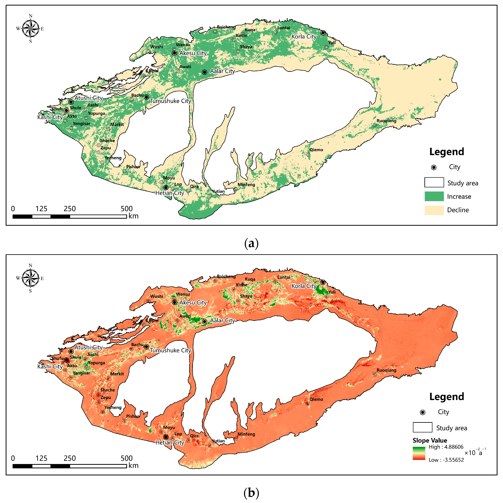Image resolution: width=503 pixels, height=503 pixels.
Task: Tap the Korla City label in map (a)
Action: click(304, 37)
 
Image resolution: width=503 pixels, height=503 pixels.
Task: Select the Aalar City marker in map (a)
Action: click(205, 72)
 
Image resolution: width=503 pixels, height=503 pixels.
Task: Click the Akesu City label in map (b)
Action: click(193, 303)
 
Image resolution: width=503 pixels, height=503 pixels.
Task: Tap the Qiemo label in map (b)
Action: click(316, 399)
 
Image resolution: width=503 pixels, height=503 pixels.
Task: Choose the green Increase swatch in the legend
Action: click(434, 196)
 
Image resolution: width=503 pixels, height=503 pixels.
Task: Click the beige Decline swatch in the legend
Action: click(434, 210)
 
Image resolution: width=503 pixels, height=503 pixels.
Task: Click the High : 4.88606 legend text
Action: click(446, 447)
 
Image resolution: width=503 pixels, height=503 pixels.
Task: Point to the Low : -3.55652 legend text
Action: click(446, 460)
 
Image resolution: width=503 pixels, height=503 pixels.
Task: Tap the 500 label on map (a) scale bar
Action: click(127, 209)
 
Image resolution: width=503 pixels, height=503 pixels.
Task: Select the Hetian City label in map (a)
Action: click(170, 193)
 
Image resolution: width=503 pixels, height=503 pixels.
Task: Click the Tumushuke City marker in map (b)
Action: click(147, 346)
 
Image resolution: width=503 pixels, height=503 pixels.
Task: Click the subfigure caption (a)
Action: click(251, 243)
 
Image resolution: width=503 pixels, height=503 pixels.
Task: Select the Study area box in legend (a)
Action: click(434, 182)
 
